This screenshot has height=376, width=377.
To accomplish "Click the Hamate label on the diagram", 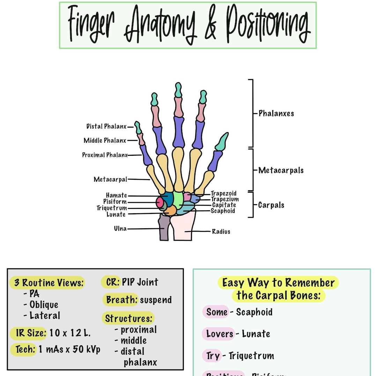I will point(116,195).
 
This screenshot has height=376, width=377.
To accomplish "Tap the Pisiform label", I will point(115,202).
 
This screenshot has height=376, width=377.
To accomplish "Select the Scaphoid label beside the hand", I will point(223,211).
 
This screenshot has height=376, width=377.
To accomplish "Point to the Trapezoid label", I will point(223,193).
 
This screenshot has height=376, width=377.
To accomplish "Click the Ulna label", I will point(120,229).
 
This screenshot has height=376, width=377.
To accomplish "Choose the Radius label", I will point(221,231).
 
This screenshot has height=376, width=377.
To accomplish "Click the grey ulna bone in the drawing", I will point(163,228).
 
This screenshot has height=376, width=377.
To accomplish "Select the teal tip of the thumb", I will point(222,141).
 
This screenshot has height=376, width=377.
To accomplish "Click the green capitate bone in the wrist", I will point(178,200).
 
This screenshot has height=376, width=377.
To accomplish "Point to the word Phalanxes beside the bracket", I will point(276,113).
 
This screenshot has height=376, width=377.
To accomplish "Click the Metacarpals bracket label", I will point(281,170).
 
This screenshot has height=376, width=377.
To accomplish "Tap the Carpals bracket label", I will point(271,205).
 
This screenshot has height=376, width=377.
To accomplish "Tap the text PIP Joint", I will point(140,282).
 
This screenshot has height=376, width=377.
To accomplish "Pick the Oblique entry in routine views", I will point(44,305).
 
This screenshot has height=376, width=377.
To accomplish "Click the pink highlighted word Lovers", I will point(219,334).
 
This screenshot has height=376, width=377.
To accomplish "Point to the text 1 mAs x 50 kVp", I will point(69,349).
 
